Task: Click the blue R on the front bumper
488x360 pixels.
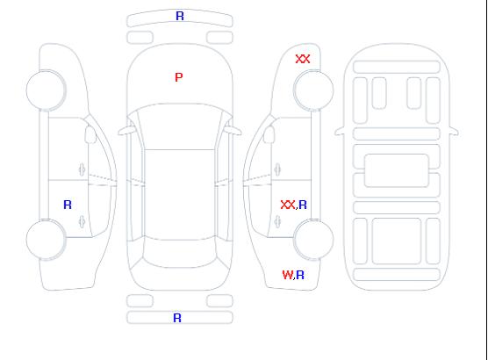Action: coord(180,16)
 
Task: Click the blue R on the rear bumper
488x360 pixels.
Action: coord(177,318)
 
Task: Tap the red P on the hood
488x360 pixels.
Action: coord(179,77)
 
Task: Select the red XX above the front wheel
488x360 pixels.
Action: coord(303,59)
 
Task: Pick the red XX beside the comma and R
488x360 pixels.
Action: coord(288,205)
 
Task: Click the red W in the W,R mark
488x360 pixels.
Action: coord(288,275)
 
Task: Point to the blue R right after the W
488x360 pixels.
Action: coord(300,275)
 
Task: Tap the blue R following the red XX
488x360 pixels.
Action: coord(303,205)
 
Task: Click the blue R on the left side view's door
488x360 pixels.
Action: coord(68,205)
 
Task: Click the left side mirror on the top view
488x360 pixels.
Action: coord(126,131)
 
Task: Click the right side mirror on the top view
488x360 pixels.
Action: coord(233,131)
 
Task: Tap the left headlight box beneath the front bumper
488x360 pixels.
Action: coord(140,38)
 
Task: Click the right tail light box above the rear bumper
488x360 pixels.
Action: coord(219,301)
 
